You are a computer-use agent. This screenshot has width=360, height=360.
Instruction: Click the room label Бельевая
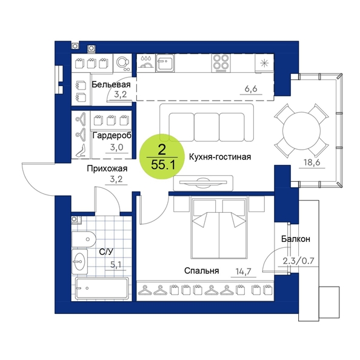coord(111,84)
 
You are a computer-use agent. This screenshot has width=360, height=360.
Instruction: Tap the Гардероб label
coord(112,136)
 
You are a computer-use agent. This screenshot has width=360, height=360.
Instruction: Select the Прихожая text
coord(107,168)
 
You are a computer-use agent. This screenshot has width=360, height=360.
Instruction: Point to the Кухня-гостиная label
coord(220,157)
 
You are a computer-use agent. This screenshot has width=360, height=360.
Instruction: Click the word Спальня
coord(202,271)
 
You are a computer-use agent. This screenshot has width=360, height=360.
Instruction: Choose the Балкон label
coord(296,239)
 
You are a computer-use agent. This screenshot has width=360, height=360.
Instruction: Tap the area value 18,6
coord(312,162)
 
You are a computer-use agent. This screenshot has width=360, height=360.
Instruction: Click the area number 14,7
coord(244,272)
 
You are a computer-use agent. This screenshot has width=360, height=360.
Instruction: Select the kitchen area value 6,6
coord(251,88)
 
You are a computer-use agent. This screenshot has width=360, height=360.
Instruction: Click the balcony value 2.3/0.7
coord(298,261)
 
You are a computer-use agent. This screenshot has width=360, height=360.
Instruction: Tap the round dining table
coord(301,131)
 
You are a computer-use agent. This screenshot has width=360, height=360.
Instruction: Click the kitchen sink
coord(165,62)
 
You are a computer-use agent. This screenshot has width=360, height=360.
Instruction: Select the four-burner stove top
coord(221,62)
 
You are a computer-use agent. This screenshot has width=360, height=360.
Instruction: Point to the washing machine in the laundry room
coord(122,62)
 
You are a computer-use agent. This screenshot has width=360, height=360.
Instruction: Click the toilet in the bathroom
coord(84,239)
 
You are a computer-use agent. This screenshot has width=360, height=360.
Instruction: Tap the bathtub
coord(102,288)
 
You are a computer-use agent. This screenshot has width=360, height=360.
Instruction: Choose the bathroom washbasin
coord(79,261)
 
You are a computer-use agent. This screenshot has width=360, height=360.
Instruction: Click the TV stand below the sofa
coord(203,183)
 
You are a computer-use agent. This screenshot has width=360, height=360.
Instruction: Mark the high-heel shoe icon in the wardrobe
coord(81,151)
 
